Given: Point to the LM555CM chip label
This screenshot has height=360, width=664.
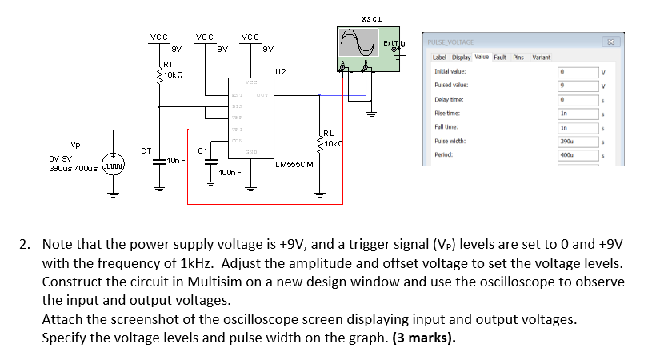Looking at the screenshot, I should pos(293,165).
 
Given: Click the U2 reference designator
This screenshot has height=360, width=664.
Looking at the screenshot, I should pos(280,72).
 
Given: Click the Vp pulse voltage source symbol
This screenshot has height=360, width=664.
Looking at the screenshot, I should pos(112,168).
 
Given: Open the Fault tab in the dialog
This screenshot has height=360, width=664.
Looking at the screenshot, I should pos(500,58).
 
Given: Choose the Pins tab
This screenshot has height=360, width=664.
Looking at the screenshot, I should pos(518,58).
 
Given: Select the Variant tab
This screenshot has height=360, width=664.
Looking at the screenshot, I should pos(542,58).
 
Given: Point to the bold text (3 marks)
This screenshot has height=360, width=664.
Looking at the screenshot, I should pos(424,337).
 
